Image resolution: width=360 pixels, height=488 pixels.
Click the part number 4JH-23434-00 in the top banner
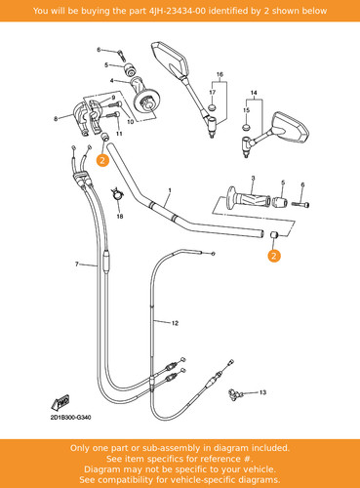pyautogui.click(x=178, y=11)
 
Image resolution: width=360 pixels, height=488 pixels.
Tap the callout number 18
pyautogui.click(x=120, y=217)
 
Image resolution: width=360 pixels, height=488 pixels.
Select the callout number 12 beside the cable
pyautogui.click(x=175, y=323)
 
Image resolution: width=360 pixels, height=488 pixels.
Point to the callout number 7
pyautogui.click(x=77, y=264)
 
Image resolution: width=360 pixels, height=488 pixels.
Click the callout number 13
pyautogui.click(x=262, y=392)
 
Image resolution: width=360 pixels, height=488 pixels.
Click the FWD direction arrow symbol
pyautogui.click(x=60, y=403)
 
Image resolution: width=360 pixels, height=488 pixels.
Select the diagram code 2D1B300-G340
pyautogui.click(x=70, y=417)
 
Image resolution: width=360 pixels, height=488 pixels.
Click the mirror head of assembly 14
pyautogui.click(x=290, y=127)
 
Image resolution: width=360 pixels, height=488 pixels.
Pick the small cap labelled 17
pyautogui.click(x=212, y=107)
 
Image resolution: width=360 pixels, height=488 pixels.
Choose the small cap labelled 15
pyautogui.click(x=247, y=126)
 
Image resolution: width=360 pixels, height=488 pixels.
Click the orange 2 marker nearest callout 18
pyautogui.click(x=102, y=160)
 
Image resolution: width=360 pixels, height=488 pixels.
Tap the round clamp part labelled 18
pyautogui.click(x=117, y=194)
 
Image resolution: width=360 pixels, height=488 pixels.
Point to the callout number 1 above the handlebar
pyautogui.click(x=170, y=190)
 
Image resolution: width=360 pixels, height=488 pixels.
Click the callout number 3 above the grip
pyautogui.click(x=253, y=179)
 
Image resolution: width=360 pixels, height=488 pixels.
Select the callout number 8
pyautogui.click(x=56, y=119)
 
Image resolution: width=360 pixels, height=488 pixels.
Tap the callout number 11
pyautogui.click(x=119, y=134)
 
